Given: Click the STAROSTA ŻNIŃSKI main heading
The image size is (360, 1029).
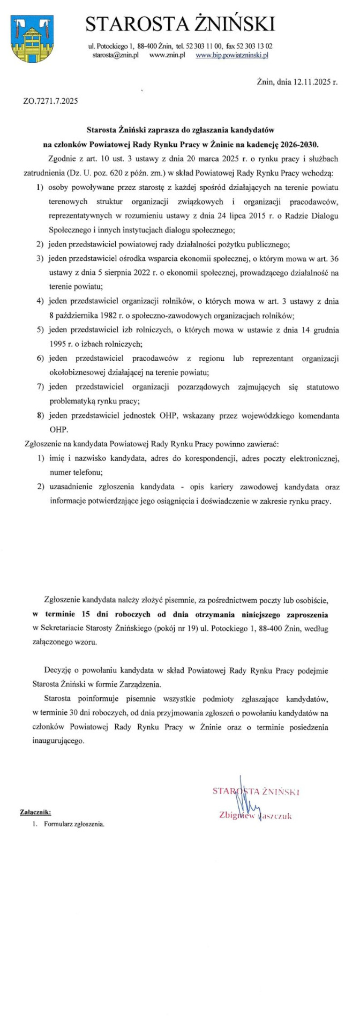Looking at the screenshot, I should pyautogui.click(x=180, y=25).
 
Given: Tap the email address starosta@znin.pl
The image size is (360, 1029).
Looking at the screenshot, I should pyautogui.click(x=116, y=55).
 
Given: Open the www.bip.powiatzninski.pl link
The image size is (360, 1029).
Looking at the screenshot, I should pyautogui.click(x=232, y=55).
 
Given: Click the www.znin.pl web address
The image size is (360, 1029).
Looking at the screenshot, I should pyautogui.click(x=167, y=55).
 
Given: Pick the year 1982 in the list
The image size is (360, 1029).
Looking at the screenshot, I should pyautogui.click(x=101, y=316).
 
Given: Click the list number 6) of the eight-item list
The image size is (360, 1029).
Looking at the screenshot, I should pyautogui.click(x=40, y=358).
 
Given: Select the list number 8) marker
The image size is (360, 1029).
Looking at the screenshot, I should pyautogui.click(x=40, y=415).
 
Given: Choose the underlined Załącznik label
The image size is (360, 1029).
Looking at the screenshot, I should pyautogui.click(x=35, y=812).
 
